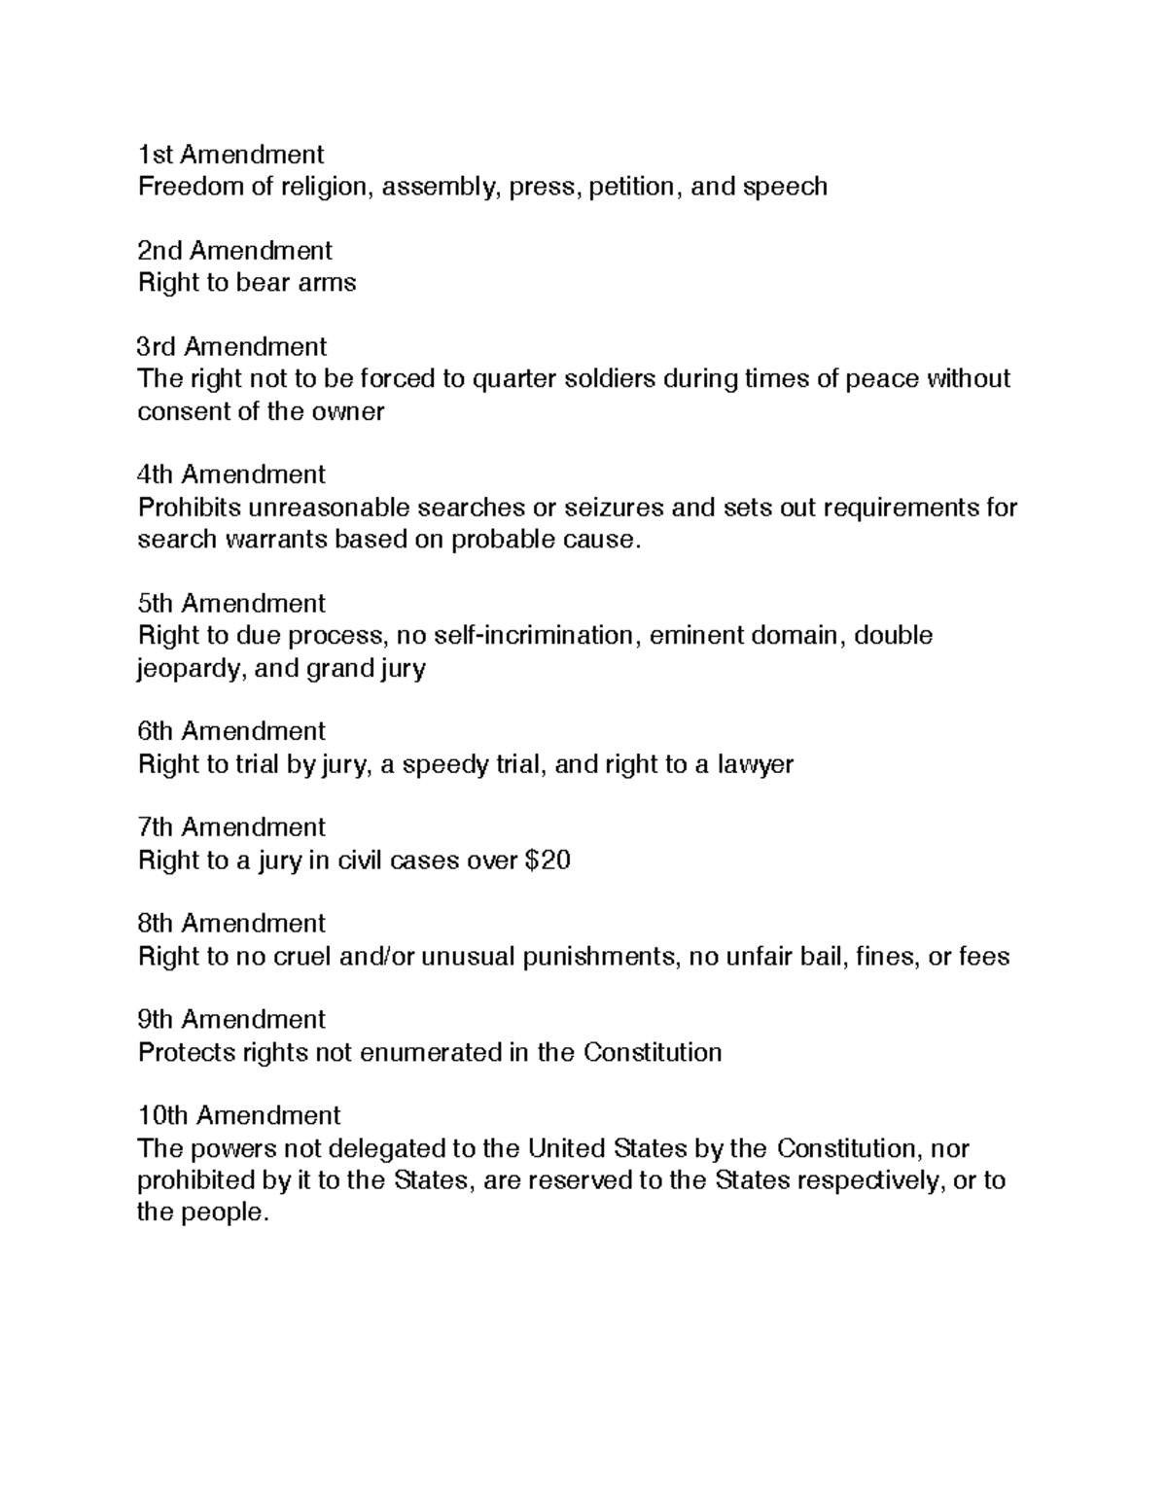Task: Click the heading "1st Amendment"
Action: pyautogui.click(x=230, y=155)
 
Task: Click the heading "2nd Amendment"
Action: pyautogui.click(x=234, y=251)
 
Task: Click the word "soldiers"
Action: pyautogui.click(x=611, y=378)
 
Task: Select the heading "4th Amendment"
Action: pyautogui.click(x=231, y=474)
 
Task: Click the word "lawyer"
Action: pyautogui.click(x=756, y=764)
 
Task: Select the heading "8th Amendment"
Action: pyautogui.click(x=231, y=924)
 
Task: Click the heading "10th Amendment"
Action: pyautogui.click(x=239, y=1115)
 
